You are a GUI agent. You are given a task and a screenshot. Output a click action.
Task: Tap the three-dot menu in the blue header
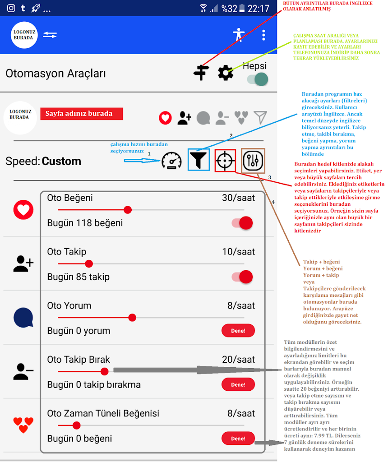tap(264, 35)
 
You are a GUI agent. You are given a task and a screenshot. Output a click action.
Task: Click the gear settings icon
tap(225, 73)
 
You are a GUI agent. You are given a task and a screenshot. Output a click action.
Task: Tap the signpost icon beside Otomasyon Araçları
tap(201, 73)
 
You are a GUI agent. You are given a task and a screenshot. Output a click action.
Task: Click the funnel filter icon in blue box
tap(199, 160)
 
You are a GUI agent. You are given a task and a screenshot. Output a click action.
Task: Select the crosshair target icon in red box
tap(225, 160)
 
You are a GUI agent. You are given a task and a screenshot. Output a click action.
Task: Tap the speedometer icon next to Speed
tap(171, 161)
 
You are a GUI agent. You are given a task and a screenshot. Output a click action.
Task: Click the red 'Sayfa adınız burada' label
tap(82, 113)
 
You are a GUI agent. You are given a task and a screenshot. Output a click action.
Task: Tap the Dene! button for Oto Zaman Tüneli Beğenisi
tap(238, 439)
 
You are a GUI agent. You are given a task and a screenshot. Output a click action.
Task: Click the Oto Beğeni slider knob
tap(128, 210)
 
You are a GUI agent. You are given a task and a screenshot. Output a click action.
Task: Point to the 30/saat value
tap(238, 198)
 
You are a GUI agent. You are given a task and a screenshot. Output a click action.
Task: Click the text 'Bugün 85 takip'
tap(79, 277)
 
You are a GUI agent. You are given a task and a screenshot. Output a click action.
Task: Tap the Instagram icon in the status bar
tap(11, 8)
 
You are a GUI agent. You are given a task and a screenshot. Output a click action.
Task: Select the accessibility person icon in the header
tap(237, 35)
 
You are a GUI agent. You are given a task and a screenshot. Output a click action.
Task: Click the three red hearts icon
tap(23, 425)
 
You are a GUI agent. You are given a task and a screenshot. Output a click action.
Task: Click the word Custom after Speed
tap(61, 161)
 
